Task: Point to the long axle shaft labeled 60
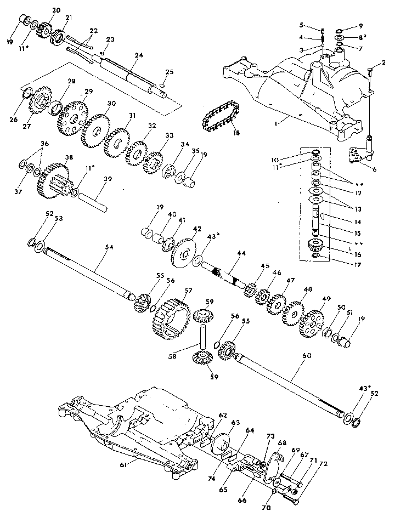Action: pyautogui.click(x=291, y=384)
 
